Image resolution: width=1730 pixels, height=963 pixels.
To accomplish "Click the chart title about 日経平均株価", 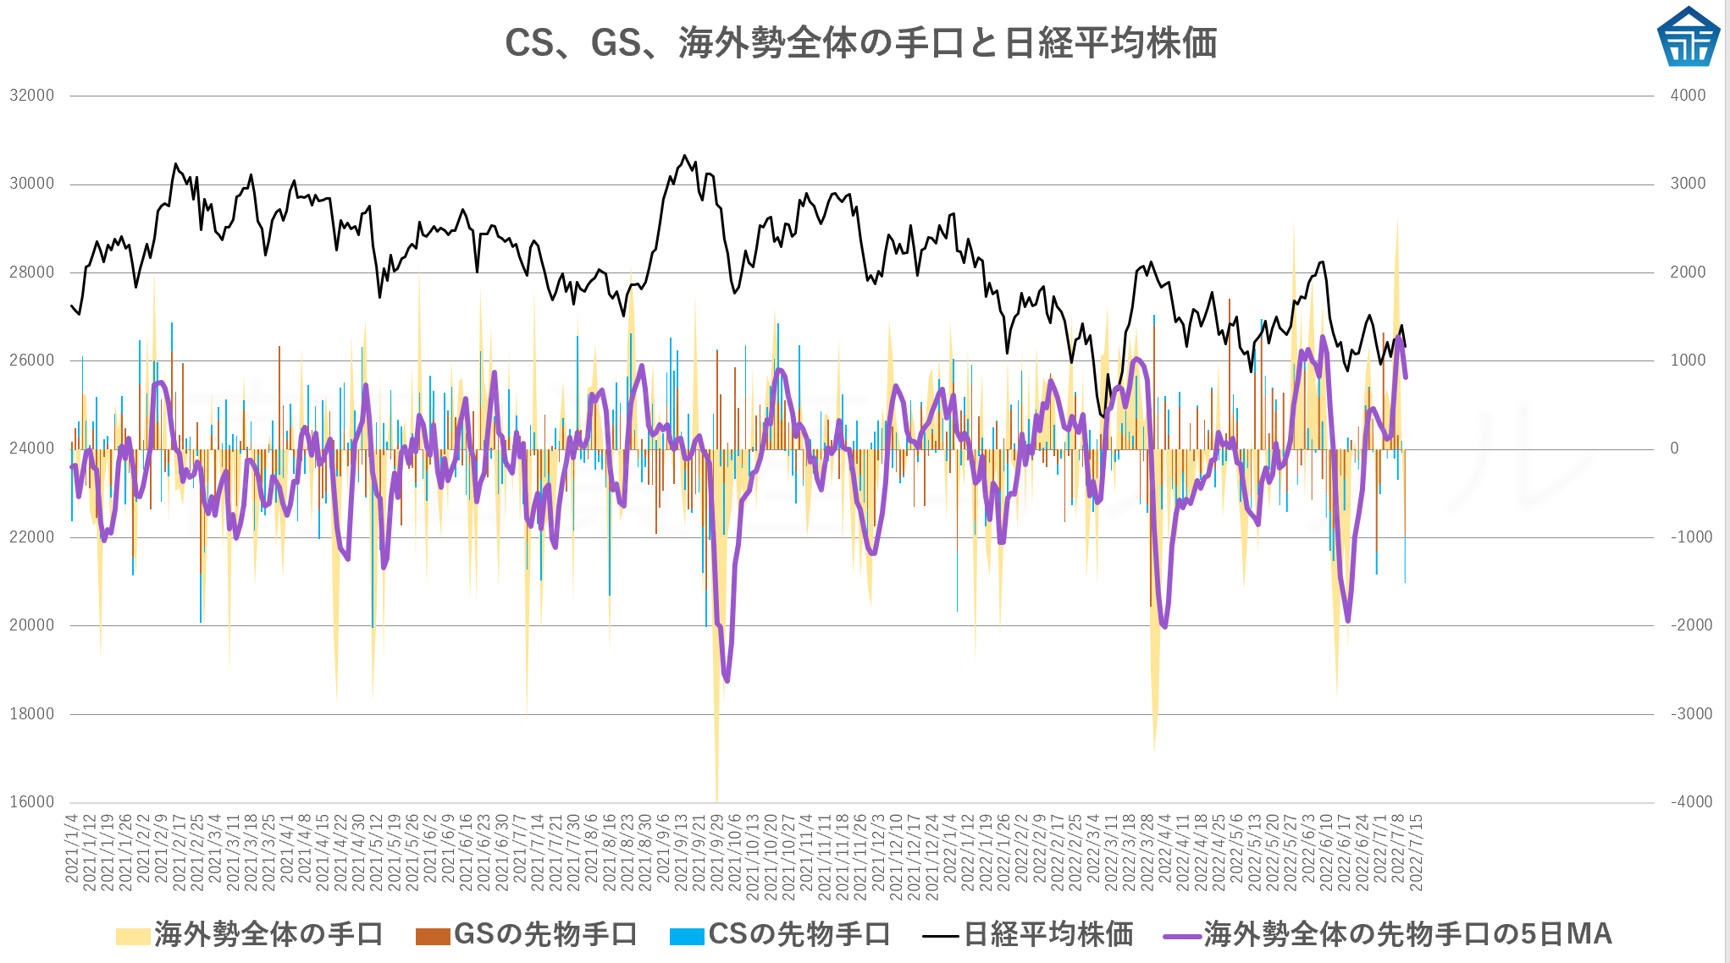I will pos(860,42).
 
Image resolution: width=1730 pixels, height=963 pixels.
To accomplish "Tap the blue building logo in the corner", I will pos(1689,37).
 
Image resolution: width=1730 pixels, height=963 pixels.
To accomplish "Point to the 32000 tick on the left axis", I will pos(32,96).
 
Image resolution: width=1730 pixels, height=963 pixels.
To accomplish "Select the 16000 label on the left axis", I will pos(32,802).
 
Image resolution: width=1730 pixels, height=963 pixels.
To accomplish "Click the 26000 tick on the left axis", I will pos(32,360).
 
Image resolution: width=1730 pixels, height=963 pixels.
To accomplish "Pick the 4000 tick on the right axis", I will pos(1688,96).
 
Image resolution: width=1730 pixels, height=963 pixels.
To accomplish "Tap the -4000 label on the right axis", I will pos(1688,802).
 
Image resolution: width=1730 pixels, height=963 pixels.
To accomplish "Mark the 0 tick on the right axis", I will pos(1674,448).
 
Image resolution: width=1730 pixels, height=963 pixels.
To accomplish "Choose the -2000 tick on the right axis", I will pos(1688,625).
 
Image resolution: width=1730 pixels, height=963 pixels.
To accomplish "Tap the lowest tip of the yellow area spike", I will pos(717,799).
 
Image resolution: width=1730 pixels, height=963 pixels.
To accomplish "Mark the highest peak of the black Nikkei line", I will pos(684,156).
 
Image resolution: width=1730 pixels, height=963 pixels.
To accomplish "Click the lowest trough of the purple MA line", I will pos(727,680).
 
